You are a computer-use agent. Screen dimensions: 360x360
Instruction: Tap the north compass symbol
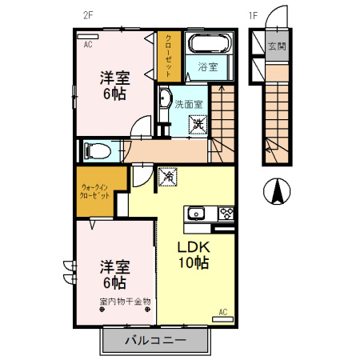click(x=277, y=190)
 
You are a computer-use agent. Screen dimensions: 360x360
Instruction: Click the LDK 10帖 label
click(x=193, y=254)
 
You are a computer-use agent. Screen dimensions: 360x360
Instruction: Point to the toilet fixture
click(x=94, y=150)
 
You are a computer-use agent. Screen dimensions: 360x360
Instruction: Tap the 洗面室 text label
click(x=189, y=103)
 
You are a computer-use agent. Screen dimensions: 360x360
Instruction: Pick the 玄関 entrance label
click(x=276, y=46)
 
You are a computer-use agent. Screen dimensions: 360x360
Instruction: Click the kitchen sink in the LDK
click(x=197, y=213)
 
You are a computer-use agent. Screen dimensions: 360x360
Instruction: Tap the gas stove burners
click(x=225, y=214)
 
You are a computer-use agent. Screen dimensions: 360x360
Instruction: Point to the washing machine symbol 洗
click(x=197, y=124)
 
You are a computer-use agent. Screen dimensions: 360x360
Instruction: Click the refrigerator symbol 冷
click(x=167, y=174)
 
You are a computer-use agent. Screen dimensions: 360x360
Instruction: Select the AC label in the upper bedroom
click(x=87, y=46)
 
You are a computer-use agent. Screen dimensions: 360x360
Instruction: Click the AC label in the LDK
click(x=223, y=311)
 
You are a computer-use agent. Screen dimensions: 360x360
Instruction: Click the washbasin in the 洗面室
click(x=164, y=99)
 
